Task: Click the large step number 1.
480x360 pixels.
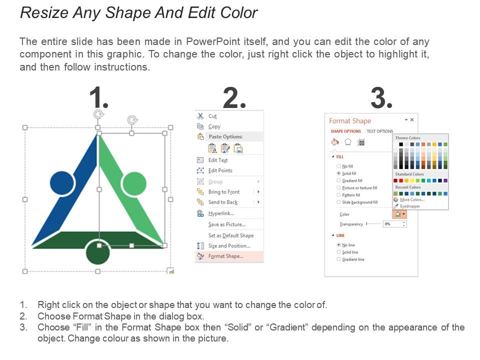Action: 98,98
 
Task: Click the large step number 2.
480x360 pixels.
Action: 234,98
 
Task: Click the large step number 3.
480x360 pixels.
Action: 381,98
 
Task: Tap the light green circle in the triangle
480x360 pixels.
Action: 134,183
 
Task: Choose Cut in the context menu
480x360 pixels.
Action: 212,116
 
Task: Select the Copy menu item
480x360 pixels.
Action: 214,126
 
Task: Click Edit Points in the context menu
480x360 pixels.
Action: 220,170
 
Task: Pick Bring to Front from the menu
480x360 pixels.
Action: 223,192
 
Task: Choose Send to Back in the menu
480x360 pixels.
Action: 222,202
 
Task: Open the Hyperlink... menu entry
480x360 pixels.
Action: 221,213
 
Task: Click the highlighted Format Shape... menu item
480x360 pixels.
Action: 225,256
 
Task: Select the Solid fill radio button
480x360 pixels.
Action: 339,173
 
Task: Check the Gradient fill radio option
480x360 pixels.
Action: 339,180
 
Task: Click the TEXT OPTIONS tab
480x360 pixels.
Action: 380,131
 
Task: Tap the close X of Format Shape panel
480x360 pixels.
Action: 412,120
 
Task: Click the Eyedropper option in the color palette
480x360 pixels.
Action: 409,206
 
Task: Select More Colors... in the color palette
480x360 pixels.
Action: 411,199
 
